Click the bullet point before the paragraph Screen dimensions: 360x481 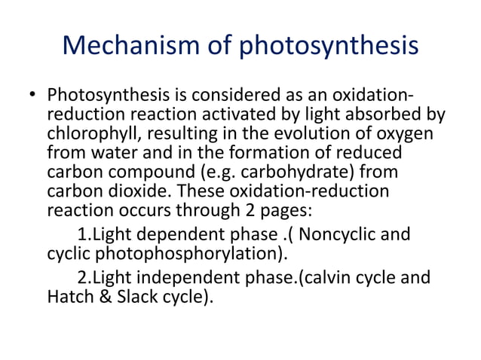32,96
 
